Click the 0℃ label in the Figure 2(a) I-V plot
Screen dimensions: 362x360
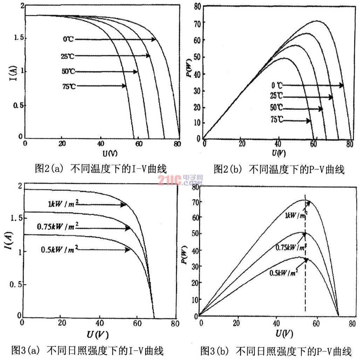(68, 39)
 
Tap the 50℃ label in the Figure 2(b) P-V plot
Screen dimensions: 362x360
(276, 107)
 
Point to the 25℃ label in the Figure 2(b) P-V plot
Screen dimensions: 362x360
(276, 96)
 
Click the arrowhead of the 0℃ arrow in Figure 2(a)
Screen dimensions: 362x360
(154, 39)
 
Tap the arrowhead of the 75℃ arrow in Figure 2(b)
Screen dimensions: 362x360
(308, 120)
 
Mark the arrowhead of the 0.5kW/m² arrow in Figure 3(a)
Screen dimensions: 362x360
(128, 249)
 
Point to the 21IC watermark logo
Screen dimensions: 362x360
(180, 180)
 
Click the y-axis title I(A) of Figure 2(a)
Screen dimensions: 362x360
(14, 73)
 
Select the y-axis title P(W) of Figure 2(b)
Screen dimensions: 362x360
(189, 68)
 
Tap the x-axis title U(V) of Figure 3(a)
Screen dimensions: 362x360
(98, 334)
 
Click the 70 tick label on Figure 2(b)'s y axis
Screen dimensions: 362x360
(197, 23)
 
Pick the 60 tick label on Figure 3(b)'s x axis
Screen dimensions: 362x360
(316, 323)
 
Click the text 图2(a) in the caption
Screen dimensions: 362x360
(49, 168)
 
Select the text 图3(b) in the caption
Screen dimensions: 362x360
(214, 351)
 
